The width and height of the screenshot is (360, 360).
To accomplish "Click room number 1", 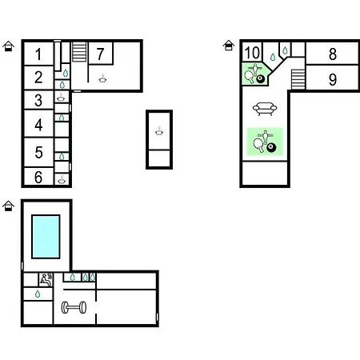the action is pos(38,54).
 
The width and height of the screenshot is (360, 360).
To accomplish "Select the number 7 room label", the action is pos(100,54).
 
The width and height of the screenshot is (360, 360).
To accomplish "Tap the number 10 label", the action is pos(252,53).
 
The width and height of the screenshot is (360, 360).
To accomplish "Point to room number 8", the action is pos(333,54).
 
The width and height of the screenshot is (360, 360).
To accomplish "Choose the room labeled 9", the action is pos(333,79).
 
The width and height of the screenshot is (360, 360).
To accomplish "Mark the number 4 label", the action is pos(38,125).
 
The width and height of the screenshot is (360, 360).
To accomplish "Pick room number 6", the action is pos(38,177).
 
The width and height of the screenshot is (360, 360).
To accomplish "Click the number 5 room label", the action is pos(38,152).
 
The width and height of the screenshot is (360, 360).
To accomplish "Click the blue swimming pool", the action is pos(46,237).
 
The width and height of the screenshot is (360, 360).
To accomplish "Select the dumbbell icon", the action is pos(74,307).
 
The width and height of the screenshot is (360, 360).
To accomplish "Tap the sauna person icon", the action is pos(46,280).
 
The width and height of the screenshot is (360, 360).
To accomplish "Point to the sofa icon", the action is pos(265,109).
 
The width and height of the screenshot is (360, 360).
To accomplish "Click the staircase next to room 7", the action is pos(79,52).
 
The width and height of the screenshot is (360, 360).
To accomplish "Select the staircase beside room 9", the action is pos(298,79).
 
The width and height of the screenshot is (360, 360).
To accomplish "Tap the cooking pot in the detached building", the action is pos(159,130).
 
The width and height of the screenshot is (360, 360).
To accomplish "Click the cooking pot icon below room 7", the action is pos(102,78).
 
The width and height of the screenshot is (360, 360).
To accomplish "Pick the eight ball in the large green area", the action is pos(271,147).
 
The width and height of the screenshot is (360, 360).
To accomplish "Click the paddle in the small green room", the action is pos(249,77).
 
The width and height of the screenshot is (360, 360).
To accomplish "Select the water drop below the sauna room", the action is pos(38,294).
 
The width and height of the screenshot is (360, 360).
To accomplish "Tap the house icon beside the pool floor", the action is pos(8,206).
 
